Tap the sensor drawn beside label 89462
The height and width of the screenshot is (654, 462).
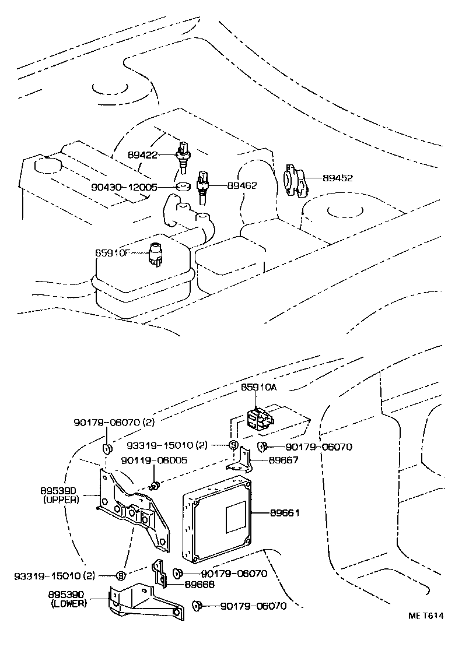click(202, 185)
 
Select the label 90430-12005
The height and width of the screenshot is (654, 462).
click(124, 187)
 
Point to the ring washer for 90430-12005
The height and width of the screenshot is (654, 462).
click(183, 188)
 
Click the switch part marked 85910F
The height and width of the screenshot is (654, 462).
click(156, 254)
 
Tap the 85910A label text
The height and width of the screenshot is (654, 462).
click(259, 388)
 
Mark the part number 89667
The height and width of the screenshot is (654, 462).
click(283, 459)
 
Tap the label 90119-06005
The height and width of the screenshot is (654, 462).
click(145, 460)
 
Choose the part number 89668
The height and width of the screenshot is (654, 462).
click(199, 584)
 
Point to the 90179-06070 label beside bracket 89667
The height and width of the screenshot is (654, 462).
click(319, 447)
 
